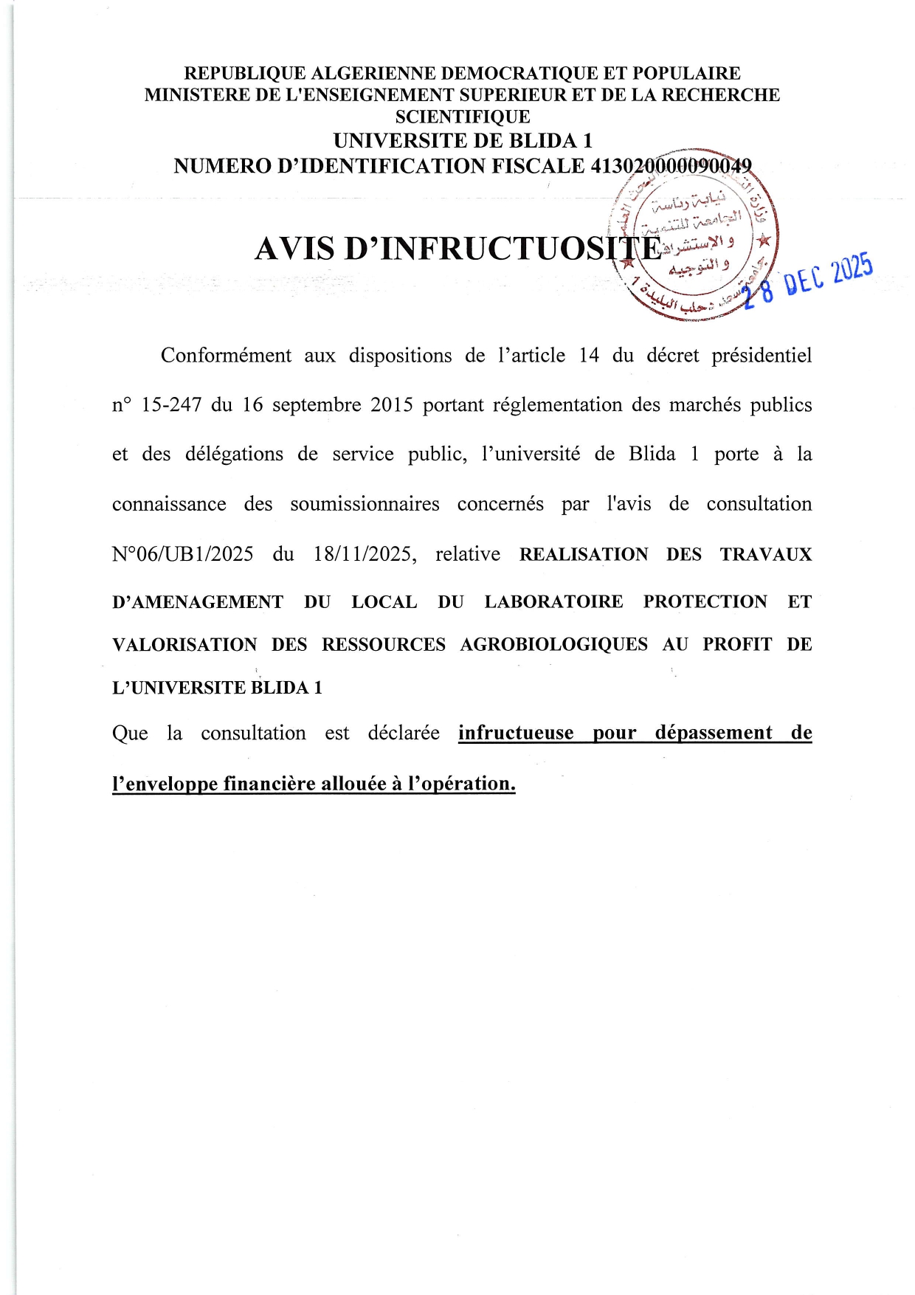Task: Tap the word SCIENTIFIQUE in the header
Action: coord(463,117)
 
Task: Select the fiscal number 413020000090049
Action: coord(671,166)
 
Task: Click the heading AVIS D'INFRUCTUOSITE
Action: coord(457,249)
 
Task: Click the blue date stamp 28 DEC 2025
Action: coord(808,281)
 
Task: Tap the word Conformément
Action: coord(226,356)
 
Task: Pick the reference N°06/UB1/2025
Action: coord(182,554)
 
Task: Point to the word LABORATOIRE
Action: coord(553,602)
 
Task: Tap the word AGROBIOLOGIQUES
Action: coord(553,645)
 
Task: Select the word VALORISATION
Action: coord(184,645)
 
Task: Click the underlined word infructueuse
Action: coord(516,733)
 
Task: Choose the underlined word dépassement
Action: coord(714,733)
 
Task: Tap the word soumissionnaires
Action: coord(365,505)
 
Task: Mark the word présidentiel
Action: coord(761,356)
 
